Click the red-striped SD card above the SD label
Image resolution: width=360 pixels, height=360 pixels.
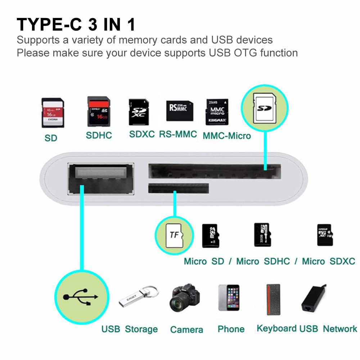tap(53, 112)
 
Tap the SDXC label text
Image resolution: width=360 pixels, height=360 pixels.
tap(142, 134)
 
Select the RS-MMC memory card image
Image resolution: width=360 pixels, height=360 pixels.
tap(179, 111)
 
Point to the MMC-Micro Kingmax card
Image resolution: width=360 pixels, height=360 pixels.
tap(217, 112)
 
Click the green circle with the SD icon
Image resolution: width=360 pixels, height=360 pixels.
tap(265, 107)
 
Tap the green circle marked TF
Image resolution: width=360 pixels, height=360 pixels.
tap(174, 235)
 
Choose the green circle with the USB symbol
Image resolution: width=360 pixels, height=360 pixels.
tap(81, 296)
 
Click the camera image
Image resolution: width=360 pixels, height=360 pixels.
tap(184, 297)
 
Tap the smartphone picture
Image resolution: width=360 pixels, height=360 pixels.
tap(229, 297)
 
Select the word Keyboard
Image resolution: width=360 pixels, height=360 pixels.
tap(277, 328)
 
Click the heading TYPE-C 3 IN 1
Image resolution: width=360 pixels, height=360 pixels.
tap(76, 25)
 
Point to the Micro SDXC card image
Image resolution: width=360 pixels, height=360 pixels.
tap(325, 235)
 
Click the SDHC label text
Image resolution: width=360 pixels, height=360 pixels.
tap(99, 135)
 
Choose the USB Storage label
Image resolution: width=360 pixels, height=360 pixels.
tap(129, 329)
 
